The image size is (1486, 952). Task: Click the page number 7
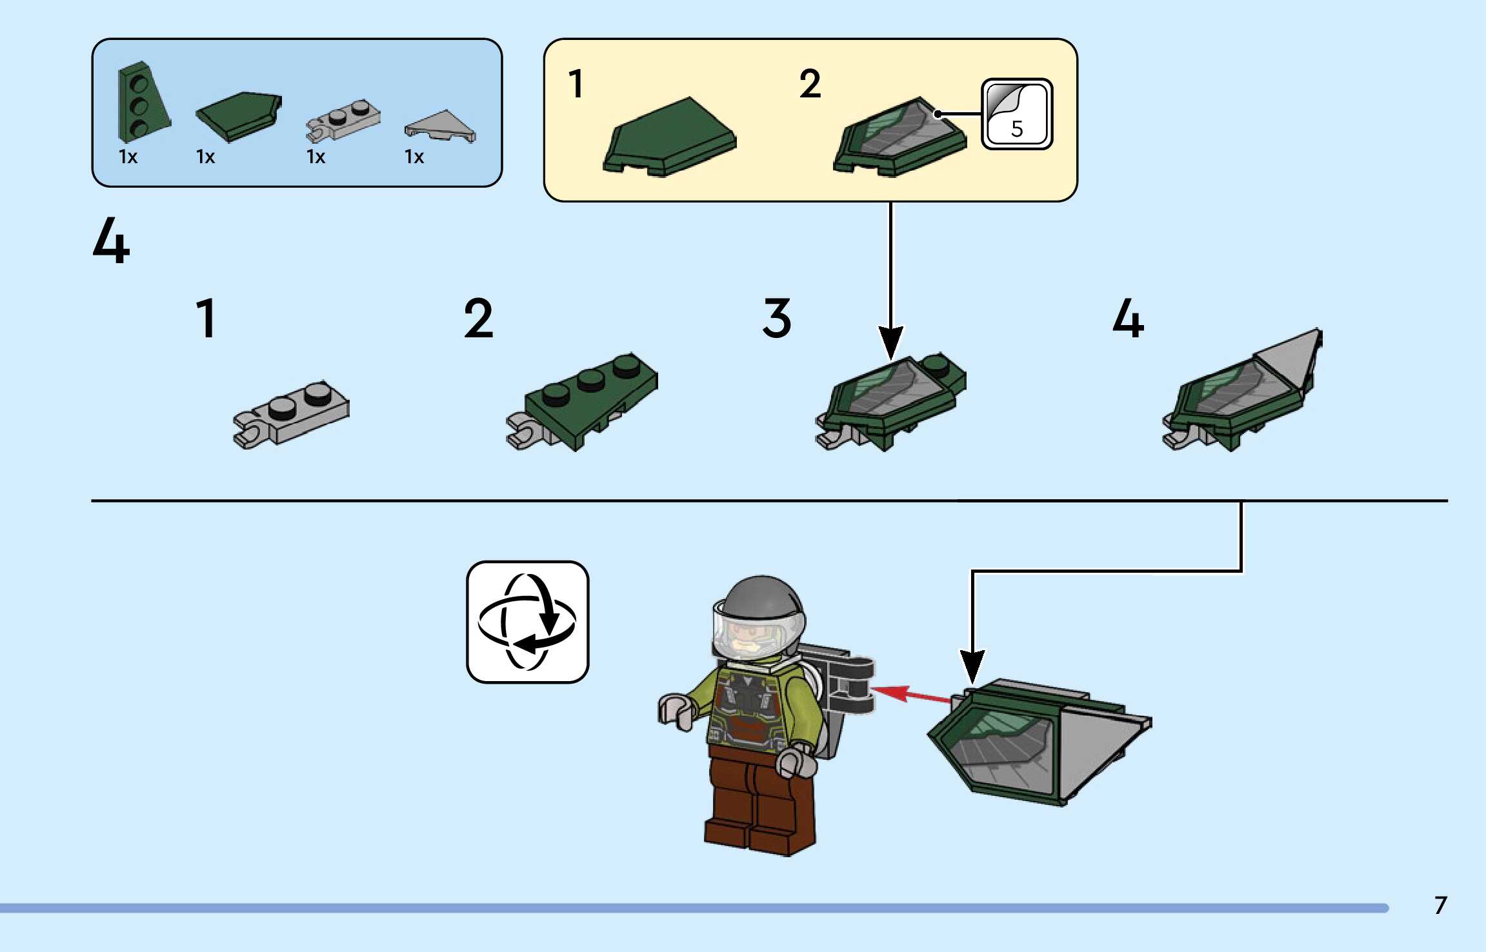coord(1440,906)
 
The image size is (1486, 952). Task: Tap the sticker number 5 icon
coord(1016,115)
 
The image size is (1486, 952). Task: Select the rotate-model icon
coord(527,622)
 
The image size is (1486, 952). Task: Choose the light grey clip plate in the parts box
coord(342,120)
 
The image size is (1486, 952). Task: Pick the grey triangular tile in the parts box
coord(440,126)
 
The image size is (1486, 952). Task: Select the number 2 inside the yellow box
coord(810,84)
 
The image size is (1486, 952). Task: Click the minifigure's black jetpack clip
coord(852,687)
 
